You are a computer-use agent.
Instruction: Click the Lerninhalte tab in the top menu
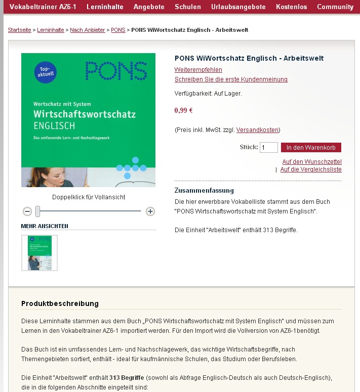(105, 7)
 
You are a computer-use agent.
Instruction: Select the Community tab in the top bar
(335, 7)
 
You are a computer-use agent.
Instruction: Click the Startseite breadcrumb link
(19, 30)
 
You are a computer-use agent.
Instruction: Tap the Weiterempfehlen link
(198, 70)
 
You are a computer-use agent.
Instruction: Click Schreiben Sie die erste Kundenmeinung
(231, 79)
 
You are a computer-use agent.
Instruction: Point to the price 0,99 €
(183, 110)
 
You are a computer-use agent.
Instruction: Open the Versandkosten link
(257, 130)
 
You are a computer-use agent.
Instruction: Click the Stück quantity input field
(268, 148)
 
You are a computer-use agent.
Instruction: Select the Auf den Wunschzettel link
(311, 161)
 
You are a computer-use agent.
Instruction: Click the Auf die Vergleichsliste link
(311, 169)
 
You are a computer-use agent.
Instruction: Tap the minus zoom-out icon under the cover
(27, 211)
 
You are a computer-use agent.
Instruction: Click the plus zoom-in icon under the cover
(150, 211)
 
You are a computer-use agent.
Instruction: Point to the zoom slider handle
(37, 211)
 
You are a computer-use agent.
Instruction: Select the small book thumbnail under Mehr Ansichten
(39, 253)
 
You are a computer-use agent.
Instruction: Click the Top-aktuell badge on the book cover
(46, 71)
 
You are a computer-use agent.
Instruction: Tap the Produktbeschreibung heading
(60, 303)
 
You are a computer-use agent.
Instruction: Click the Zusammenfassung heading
(204, 191)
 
